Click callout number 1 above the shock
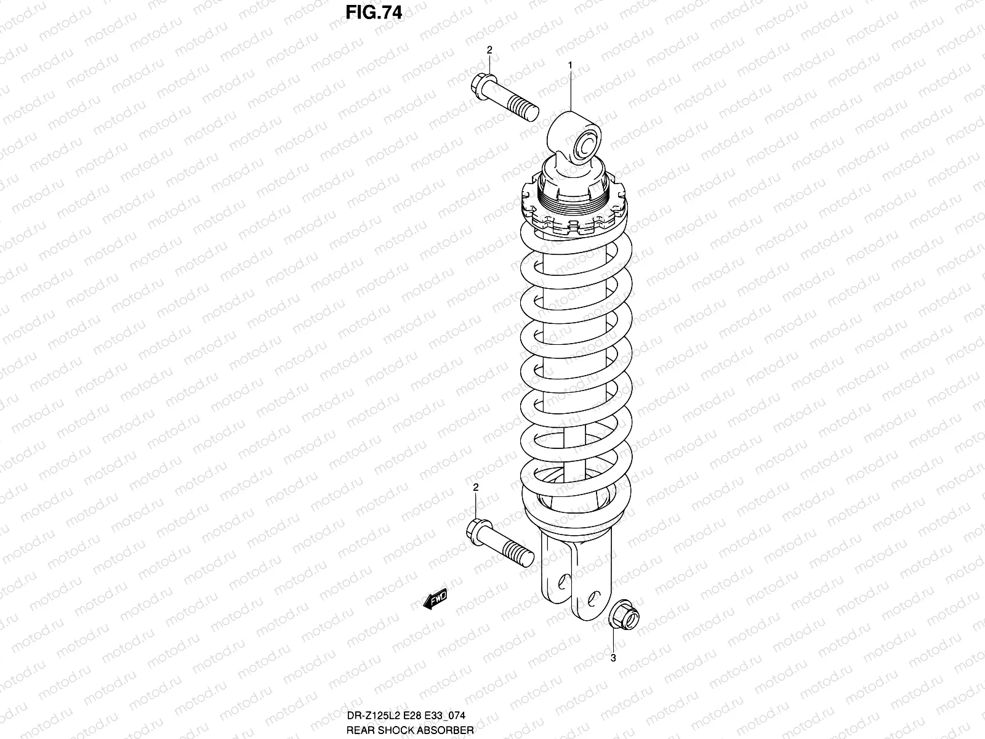click(570, 65)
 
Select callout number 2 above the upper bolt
click(489, 50)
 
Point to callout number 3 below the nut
click(613, 658)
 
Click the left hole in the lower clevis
click(562, 581)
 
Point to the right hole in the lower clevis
click(592, 597)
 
